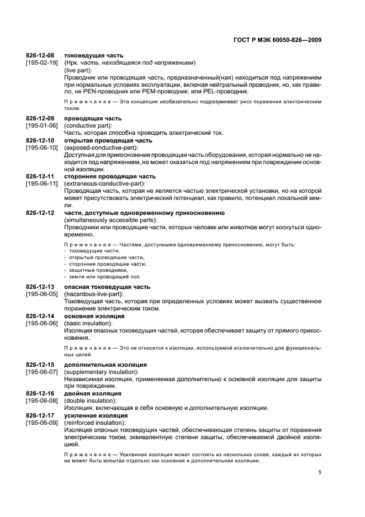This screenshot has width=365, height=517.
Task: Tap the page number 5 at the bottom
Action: click(320, 472)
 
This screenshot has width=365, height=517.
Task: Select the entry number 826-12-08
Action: click(40, 56)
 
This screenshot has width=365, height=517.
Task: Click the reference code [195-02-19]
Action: click(42, 63)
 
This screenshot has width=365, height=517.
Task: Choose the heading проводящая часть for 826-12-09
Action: click(93, 119)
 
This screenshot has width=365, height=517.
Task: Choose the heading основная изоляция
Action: click(94, 316)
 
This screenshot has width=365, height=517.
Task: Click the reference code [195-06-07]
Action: click(42, 372)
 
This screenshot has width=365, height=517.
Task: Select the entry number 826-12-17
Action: click(40, 415)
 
